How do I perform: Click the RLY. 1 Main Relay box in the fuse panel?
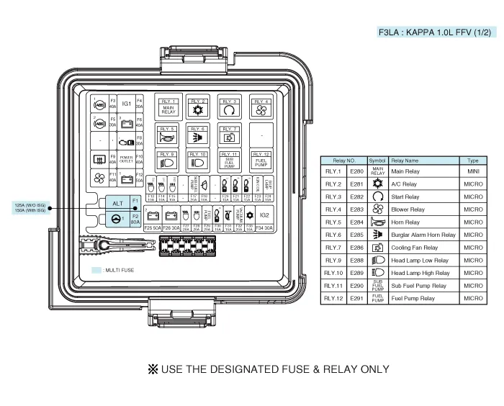coord(168,107)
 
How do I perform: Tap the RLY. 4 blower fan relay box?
coord(260,107)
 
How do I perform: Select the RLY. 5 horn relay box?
coord(168,134)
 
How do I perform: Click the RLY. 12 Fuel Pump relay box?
coord(260,159)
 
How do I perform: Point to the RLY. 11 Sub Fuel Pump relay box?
coord(230,159)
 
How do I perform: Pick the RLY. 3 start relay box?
coord(230,107)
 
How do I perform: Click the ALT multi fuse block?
coord(117,203)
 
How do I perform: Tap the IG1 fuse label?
coord(126,104)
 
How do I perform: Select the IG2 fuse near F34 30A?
coord(264,215)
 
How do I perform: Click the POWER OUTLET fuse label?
coord(126,159)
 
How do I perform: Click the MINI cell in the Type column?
coord(473,171)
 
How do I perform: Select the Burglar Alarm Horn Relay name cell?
coord(423,235)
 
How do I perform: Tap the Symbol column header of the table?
coord(377,161)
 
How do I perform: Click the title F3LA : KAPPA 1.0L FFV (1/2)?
coord(437,32)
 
